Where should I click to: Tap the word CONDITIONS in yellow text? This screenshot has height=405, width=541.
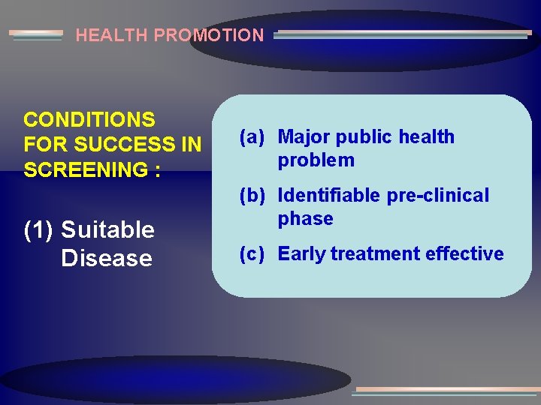(89, 120)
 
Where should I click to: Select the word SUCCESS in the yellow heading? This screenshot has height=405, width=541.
(130, 145)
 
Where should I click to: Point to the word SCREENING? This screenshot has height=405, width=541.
(85, 170)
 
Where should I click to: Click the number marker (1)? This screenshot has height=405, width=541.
(39, 230)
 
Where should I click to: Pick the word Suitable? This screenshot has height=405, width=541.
(107, 230)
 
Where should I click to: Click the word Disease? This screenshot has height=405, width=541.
(107, 258)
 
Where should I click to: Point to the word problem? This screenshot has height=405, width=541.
(316, 160)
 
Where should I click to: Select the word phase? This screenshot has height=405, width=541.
(306, 219)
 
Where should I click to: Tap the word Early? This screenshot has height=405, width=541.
(301, 254)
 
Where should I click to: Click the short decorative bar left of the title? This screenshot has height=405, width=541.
(36, 35)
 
